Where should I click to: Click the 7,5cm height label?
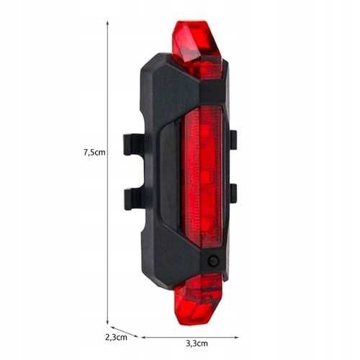tap(94, 152)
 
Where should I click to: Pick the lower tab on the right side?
tap(233, 194)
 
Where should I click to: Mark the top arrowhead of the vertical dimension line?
tap(108, 22)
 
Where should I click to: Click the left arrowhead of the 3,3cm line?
tap(142, 336)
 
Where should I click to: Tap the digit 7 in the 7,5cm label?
tap(86, 152)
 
